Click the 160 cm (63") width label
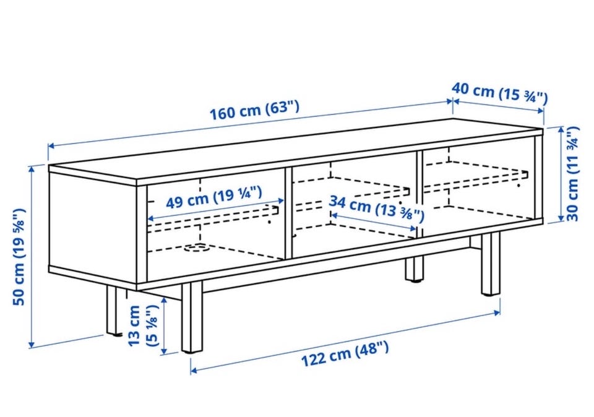pyautogui.click(x=254, y=110)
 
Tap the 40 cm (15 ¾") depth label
pyautogui.click(x=500, y=93)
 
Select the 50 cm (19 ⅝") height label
pyautogui.click(x=19, y=257)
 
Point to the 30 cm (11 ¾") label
pyautogui.click(x=572, y=174)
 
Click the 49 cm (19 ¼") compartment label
pyautogui.click(x=214, y=198)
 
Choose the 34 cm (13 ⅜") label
pyautogui.click(x=376, y=208)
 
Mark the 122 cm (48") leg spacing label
pyautogui.click(x=345, y=353)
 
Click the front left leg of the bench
pyautogui.click(x=192, y=317)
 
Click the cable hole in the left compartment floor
pyautogui.click(x=197, y=248)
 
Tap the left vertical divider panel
pyautogui.click(x=289, y=213)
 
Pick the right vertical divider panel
pyautogui.click(x=420, y=194)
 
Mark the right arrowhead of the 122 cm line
pyautogui.click(x=496, y=312)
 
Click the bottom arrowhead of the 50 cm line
pyautogui.click(x=32, y=344)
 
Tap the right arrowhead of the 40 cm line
pyautogui.click(x=540, y=111)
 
